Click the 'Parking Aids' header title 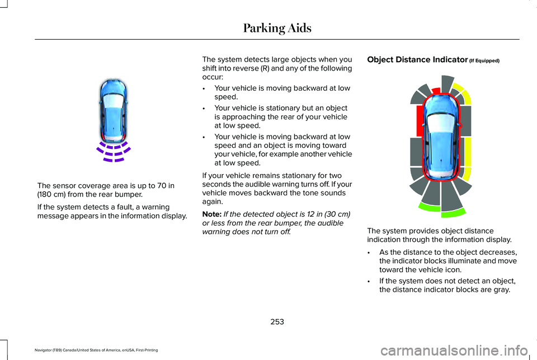pos(276,27)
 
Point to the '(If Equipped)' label pos(484,60)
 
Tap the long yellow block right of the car pos(468,160)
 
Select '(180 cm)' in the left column pos(53,195)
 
